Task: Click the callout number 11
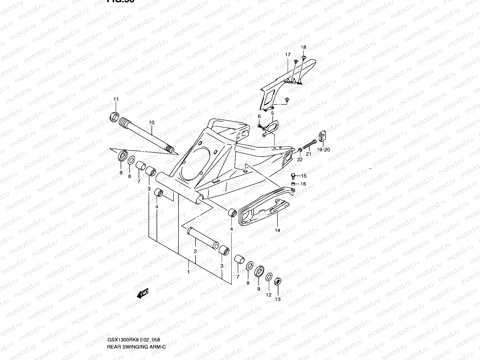coord(116,99)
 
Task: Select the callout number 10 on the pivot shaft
coord(151,122)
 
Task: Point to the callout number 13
coord(278,299)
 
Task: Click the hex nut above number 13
coord(278,282)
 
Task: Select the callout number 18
coord(304,47)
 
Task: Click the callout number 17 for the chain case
coord(288,55)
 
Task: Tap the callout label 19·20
coord(323,150)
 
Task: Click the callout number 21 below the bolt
coord(309,154)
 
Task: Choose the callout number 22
coord(300,160)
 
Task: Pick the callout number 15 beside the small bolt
coord(304,176)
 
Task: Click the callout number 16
coord(303,184)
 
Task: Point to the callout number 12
coord(268,295)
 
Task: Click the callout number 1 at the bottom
coord(188,272)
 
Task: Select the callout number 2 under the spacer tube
coord(195,251)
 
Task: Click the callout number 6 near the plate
coord(259,116)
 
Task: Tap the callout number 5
coord(273,113)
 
